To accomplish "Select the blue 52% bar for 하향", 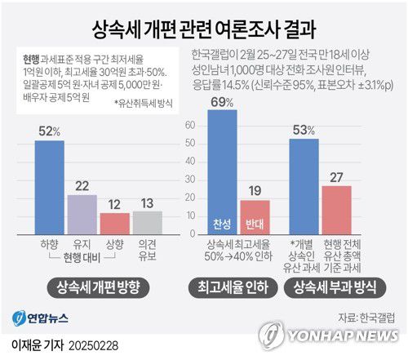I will point(49,188).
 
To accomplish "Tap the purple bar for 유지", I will point(82,215).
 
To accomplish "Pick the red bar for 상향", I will point(114,224).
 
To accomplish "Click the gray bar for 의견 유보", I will point(148,223).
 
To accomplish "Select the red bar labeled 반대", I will point(254,218).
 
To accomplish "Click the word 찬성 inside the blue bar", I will point(223,224).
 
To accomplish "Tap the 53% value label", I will point(304,129).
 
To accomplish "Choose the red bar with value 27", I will point(336,211).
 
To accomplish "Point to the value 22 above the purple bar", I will point(82,185).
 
